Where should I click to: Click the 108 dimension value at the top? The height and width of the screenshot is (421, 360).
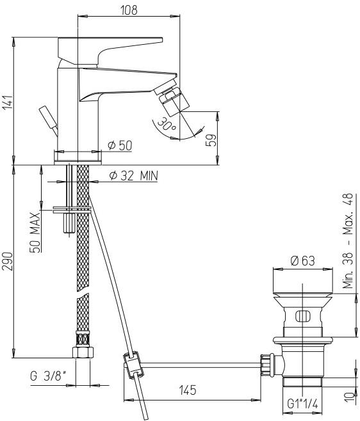pos(129,10)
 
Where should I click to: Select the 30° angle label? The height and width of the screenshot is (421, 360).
pos(167,124)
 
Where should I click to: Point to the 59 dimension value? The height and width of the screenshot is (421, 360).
pos(211,140)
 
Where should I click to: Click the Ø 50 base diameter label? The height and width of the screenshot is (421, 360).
pos(120,145)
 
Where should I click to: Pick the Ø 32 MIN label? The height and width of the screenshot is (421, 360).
pos(134,176)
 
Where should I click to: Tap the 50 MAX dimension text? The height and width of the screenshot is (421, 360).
pos(35,233)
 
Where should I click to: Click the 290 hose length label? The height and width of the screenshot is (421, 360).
pos(8,261)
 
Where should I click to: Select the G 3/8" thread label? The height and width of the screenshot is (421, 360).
pos(49,376)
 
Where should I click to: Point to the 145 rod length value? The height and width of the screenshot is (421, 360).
pos(188,390)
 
